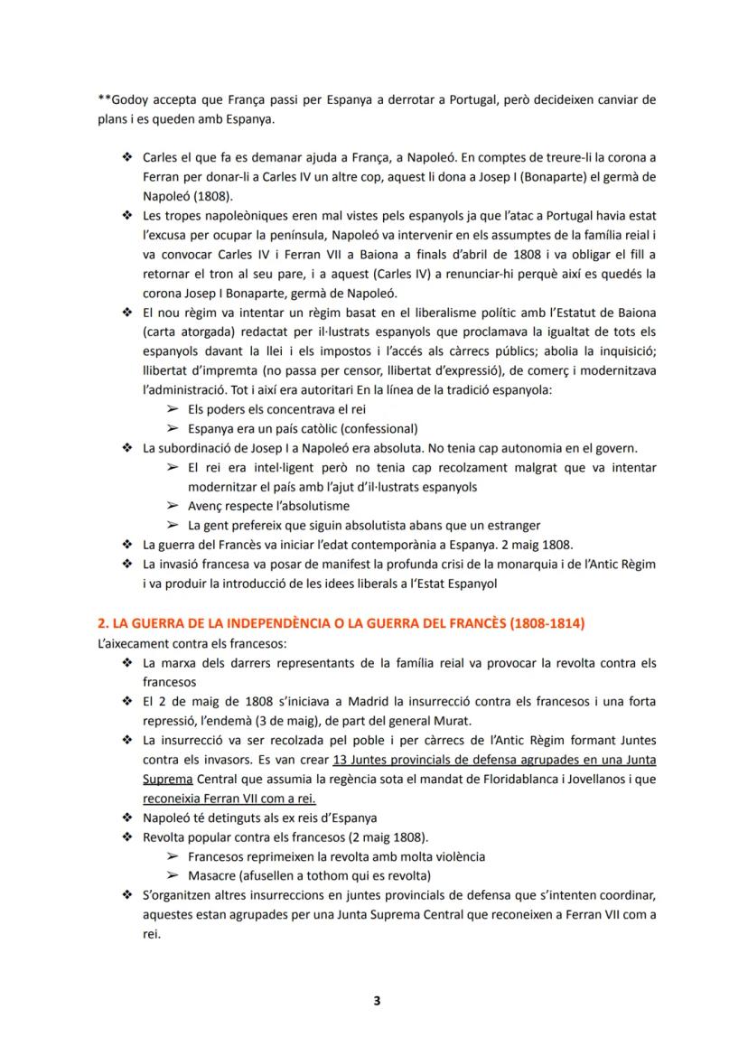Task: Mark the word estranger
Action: click(x=510, y=525)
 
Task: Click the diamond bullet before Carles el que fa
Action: click(x=126, y=157)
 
